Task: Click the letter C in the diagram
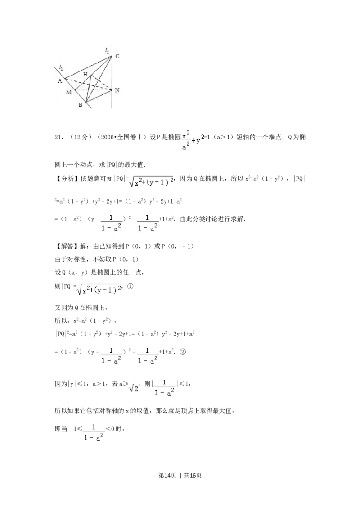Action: pyautogui.click(x=117, y=56)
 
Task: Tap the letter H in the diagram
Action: pyautogui.click(x=85, y=74)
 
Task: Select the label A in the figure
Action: pyautogui.click(x=59, y=80)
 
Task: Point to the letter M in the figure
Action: pyautogui.click(x=68, y=92)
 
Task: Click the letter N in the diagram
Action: pyautogui.click(x=117, y=90)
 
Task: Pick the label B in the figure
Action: pyautogui.click(x=80, y=105)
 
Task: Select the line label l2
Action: pyautogui.click(x=107, y=52)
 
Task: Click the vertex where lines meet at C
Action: pyautogui.click(x=112, y=56)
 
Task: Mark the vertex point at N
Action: pyautogui.click(x=112, y=90)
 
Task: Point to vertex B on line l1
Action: pyautogui.click(x=85, y=102)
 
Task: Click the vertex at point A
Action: pyautogui.click(x=65, y=79)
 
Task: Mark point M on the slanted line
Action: pyautogui.click(x=75, y=90)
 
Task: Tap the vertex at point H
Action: pyautogui.click(x=92, y=76)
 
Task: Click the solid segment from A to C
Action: pyautogui.click(x=89, y=67)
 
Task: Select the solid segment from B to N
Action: pyautogui.click(x=99, y=96)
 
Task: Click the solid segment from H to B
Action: pyautogui.click(x=89, y=89)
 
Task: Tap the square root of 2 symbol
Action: pyautogui.click(x=134, y=388)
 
